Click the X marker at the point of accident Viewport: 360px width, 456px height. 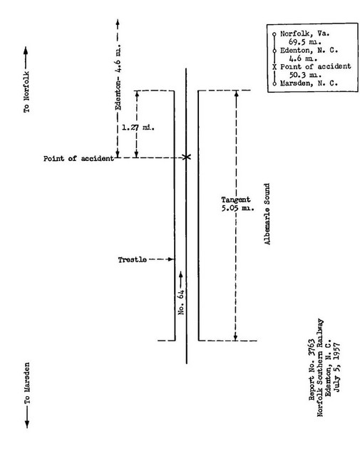(187, 157)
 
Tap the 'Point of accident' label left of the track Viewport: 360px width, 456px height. (78, 158)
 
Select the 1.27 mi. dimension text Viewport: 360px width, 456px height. (138, 128)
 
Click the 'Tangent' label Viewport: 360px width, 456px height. (235, 199)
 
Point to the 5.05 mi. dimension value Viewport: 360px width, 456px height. (237, 208)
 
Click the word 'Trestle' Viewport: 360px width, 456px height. (132, 259)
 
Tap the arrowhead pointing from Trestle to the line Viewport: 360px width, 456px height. (171, 259)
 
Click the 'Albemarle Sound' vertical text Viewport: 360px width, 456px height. (267, 214)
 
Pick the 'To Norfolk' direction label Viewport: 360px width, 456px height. (26, 92)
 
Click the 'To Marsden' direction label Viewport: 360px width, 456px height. (27, 383)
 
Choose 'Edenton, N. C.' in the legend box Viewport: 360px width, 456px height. (309, 51)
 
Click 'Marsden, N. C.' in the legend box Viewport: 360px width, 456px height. (309, 83)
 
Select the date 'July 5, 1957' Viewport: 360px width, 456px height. (336, 368)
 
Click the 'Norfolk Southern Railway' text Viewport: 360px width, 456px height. (320, 368)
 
